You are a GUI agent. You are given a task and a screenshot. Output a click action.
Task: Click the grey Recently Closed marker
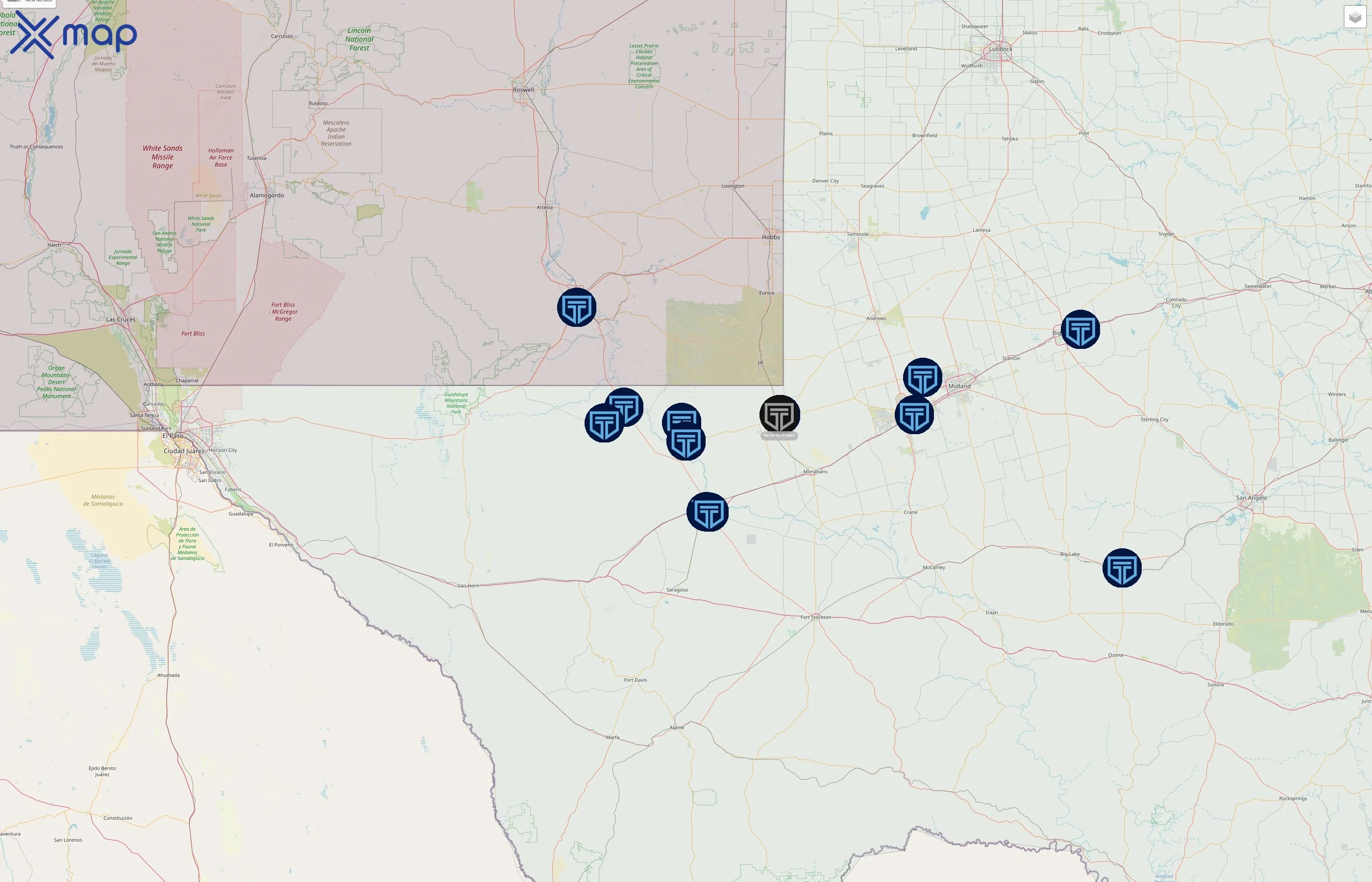779,415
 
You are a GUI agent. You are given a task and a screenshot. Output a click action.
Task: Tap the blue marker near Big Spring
1080,330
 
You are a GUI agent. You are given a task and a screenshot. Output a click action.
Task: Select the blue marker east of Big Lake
1122,568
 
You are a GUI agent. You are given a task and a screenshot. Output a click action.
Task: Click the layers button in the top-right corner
1355,17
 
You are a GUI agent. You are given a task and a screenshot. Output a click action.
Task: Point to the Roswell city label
523,90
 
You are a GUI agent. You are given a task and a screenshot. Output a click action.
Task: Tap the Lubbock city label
1001,49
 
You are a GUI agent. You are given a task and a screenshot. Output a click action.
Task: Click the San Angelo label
1251,498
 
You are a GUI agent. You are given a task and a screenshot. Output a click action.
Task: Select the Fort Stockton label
815,617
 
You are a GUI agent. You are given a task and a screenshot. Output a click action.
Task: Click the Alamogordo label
267,196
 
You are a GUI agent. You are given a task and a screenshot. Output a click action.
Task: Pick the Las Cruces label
121,319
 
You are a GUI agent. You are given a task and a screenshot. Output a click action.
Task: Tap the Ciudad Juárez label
184,451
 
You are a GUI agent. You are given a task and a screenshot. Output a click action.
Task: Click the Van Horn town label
468,586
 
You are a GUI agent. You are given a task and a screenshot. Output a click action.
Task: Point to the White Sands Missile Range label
163,157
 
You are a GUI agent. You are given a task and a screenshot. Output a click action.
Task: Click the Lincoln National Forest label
359,39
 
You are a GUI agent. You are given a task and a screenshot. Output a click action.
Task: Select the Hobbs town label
771,237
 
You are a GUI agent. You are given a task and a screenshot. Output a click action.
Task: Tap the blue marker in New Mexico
577,308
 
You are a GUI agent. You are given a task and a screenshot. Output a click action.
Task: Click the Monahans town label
815,472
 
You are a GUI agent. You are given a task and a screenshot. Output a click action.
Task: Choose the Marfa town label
612,737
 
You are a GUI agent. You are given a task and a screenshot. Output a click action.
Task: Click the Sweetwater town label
1257,286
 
